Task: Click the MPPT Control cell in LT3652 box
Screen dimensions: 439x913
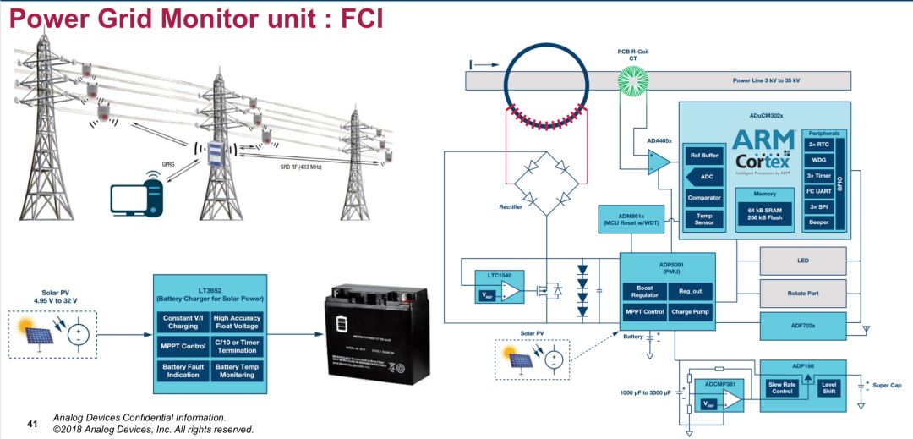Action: coord(183,346)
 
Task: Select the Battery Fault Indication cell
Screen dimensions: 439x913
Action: coord(183,370)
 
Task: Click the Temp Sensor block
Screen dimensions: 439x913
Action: coord(704,219)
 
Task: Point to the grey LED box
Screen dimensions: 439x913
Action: coord(803,261)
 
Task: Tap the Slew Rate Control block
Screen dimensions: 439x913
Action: coord(782,387)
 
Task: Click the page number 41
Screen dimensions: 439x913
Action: coord(33,423)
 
